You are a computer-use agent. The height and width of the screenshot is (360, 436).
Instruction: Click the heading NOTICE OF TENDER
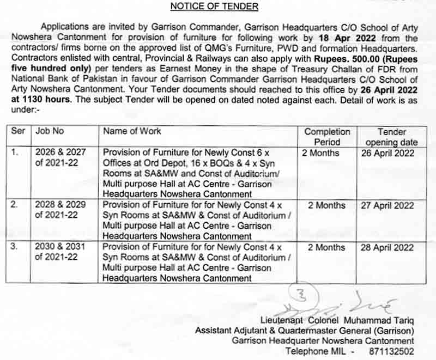[x=215, y=7]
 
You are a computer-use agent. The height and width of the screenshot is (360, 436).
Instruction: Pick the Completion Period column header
[x=327, y=137]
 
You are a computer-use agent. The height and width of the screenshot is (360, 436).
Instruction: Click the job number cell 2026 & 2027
[x=60, y=153]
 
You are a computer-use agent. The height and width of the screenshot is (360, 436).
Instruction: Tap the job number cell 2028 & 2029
[x=60, y=206]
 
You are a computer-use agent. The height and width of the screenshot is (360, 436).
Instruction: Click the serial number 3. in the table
[x=15, y=247]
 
